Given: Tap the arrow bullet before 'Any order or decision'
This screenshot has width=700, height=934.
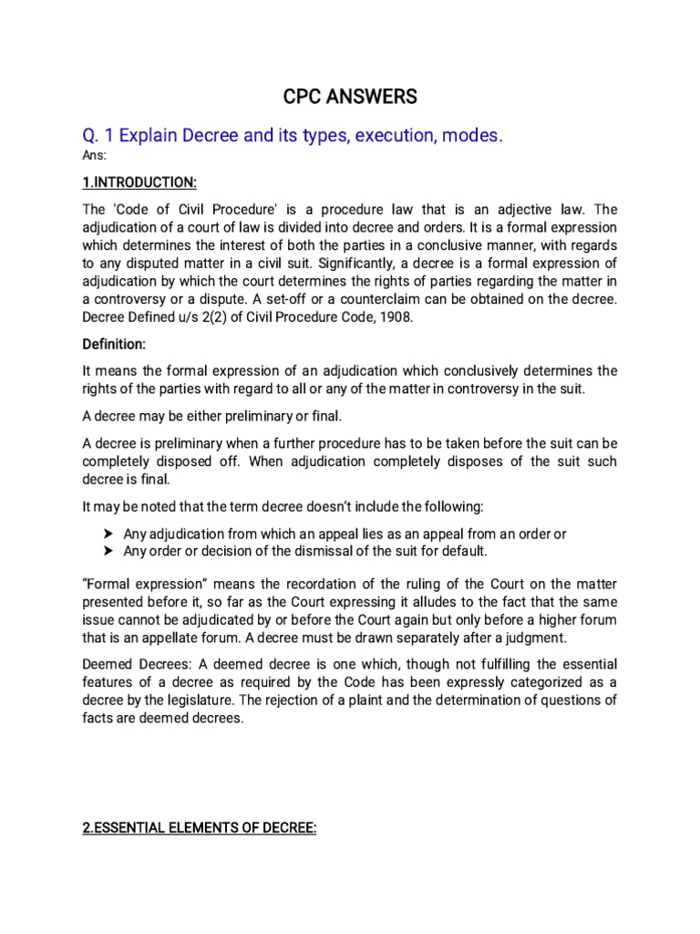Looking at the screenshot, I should pos(108,552).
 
